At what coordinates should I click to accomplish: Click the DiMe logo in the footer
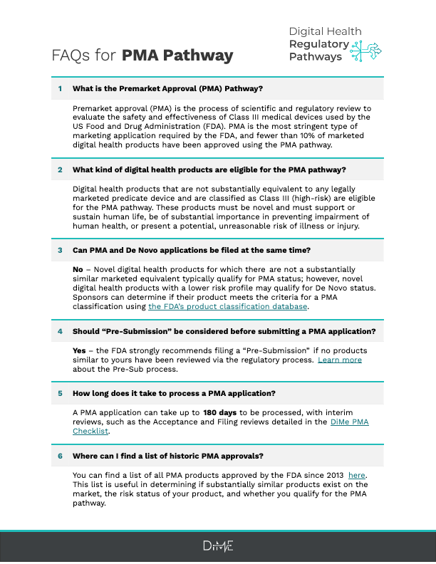(217, 546)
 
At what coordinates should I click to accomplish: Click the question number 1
(61, 88)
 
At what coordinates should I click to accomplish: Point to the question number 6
(61, 456)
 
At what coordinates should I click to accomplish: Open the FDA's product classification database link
(228, 306)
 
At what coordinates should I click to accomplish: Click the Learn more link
(340, 360)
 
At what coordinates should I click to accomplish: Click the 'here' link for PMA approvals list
(357, 475)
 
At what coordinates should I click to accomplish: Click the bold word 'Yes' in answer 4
(79, 350)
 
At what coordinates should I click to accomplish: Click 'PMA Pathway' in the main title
(177, 56)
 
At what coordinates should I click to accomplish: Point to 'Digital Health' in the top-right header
(325, 31)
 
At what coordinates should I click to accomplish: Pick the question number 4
(61, 331)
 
